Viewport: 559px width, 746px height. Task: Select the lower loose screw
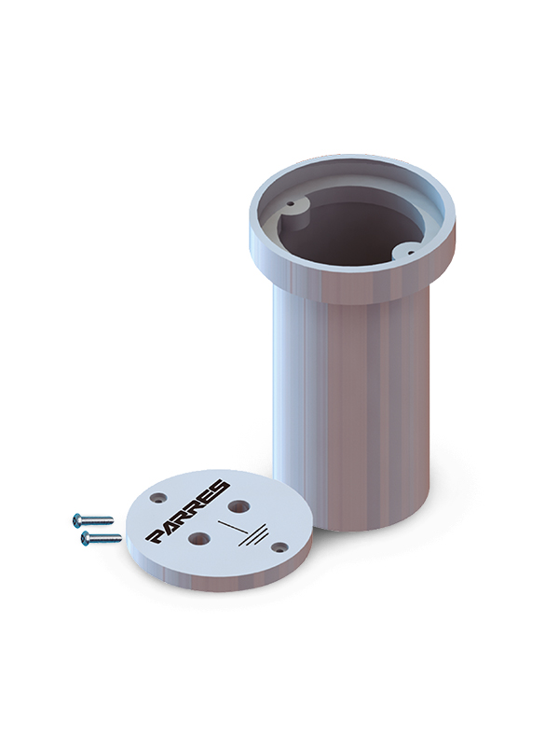coord(102,539)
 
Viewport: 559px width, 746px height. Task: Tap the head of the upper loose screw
coord(77,520)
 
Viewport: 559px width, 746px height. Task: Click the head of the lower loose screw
coord(87,539)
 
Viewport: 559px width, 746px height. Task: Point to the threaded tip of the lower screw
coord(120,539)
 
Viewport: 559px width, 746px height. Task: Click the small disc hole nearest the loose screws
coord(158,498)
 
